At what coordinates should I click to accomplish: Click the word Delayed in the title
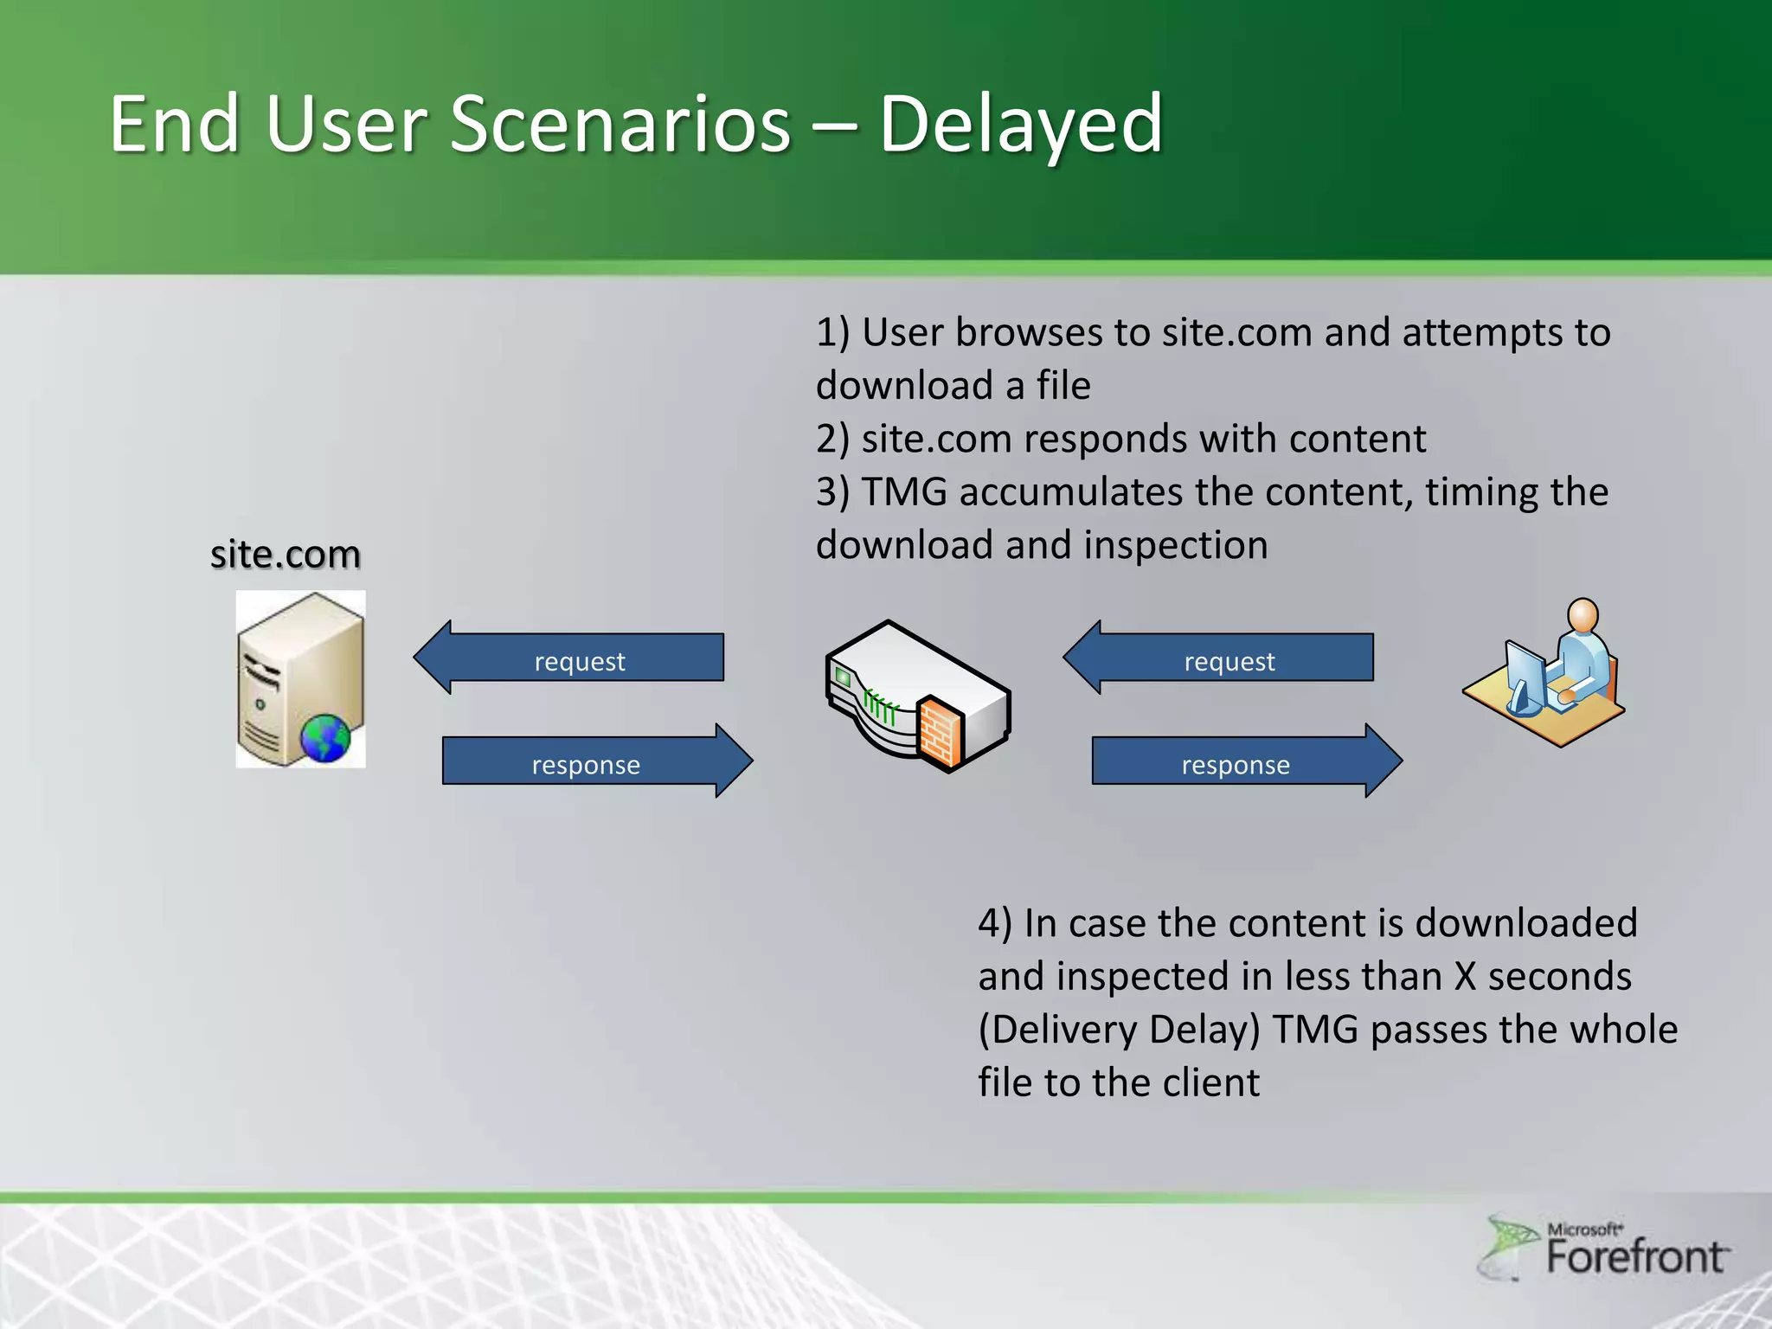(1021, 125)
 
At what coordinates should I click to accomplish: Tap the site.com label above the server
(285, 554)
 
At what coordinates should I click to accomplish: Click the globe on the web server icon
(325, 738)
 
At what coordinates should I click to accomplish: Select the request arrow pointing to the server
(571, 658)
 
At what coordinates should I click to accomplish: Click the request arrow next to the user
(1220, 658)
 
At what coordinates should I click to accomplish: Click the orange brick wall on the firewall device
(940, 732)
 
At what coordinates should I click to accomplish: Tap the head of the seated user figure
(1583, 615)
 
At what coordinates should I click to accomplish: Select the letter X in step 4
(1465, 977)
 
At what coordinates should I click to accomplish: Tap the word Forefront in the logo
(1635, 1257)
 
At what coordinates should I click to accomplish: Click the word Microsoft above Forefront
(1583, 1229)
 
